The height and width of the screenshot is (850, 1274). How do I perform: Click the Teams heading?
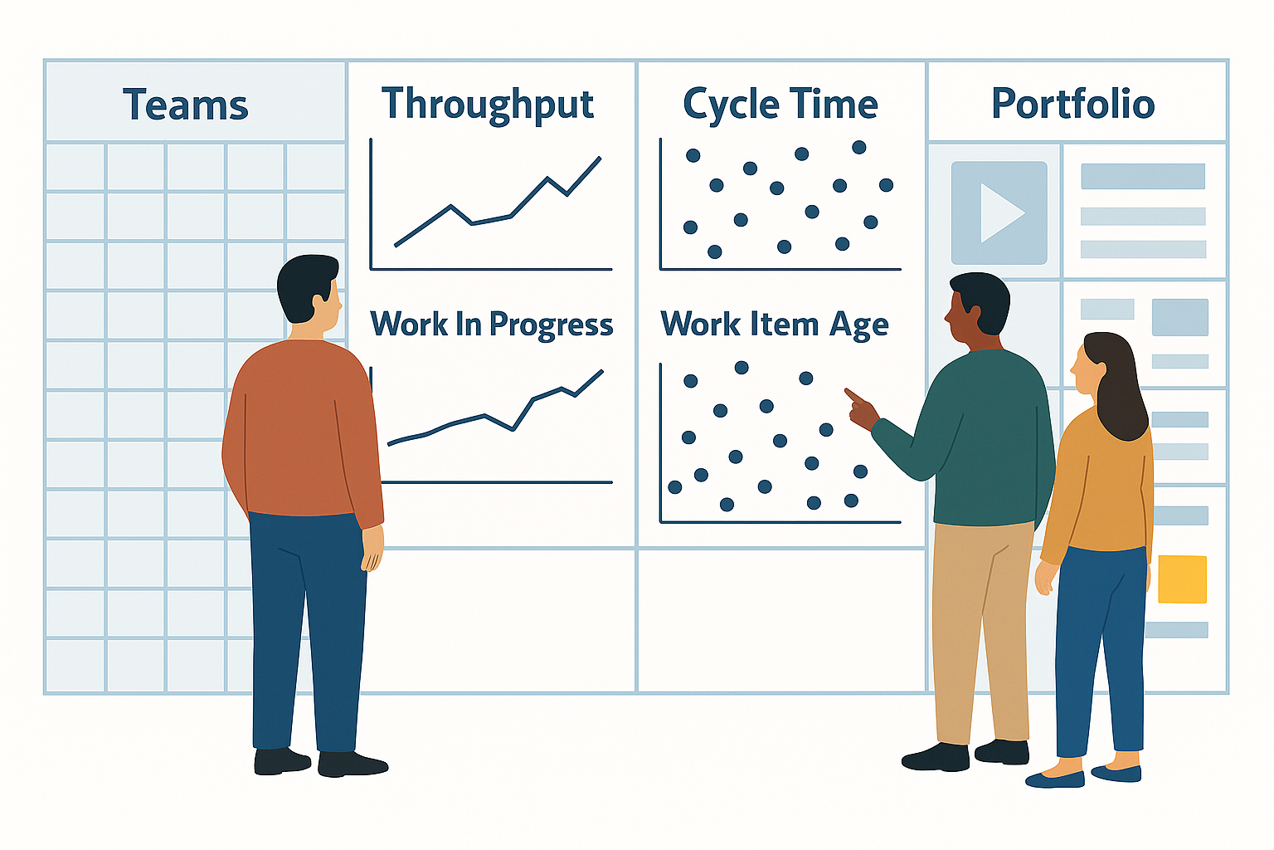coord(186,105)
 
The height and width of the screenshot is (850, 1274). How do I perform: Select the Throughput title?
coord(488,105)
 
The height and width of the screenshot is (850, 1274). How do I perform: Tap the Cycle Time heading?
coord(780,105)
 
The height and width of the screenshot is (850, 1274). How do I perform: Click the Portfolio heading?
coord(1072,104)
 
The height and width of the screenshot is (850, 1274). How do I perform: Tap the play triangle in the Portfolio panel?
coord(1002,213)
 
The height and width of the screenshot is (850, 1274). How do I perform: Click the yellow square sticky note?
coord(1183,579)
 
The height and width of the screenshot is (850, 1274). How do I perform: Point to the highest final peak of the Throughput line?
coord(600,158)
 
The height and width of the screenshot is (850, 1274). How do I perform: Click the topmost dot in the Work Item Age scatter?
coord(741,367)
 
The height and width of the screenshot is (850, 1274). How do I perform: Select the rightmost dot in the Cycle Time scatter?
coord(886,185)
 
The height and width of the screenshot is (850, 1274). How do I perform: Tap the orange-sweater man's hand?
coord(373,547)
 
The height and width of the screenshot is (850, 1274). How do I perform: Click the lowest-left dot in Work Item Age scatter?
coord(675,486)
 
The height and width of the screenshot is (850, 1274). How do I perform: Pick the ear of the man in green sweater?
coord(976,312)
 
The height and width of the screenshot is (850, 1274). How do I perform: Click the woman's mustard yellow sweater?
coord(1095,490)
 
